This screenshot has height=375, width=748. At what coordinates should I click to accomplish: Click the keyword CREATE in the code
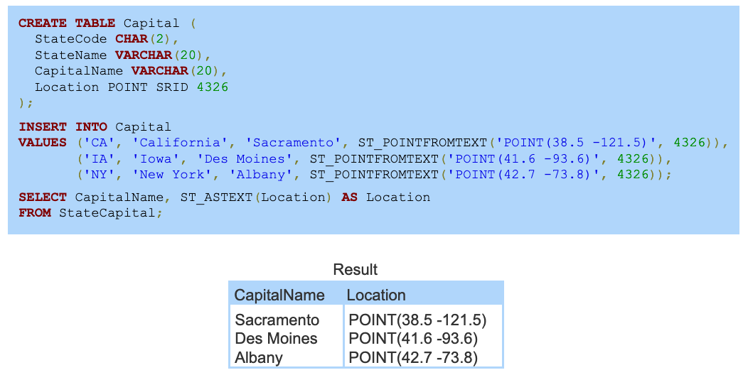43,23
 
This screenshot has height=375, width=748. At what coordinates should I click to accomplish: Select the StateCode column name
71,39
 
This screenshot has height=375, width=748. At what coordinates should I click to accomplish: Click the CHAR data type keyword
132,39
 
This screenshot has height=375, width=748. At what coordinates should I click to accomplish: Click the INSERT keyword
43,127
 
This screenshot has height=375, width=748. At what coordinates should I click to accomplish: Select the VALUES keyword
43,143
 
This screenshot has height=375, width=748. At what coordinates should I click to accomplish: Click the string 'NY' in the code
99,174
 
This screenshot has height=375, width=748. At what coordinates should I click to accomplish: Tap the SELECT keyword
43,197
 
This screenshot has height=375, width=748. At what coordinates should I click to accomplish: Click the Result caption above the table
356,270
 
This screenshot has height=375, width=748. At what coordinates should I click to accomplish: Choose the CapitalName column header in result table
279,295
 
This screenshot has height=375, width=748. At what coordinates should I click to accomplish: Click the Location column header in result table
376,295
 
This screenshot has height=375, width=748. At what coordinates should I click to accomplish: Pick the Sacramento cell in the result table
277,320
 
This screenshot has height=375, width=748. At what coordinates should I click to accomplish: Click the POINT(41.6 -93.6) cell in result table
413,339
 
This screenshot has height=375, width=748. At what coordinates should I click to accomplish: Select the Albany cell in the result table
259,357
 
